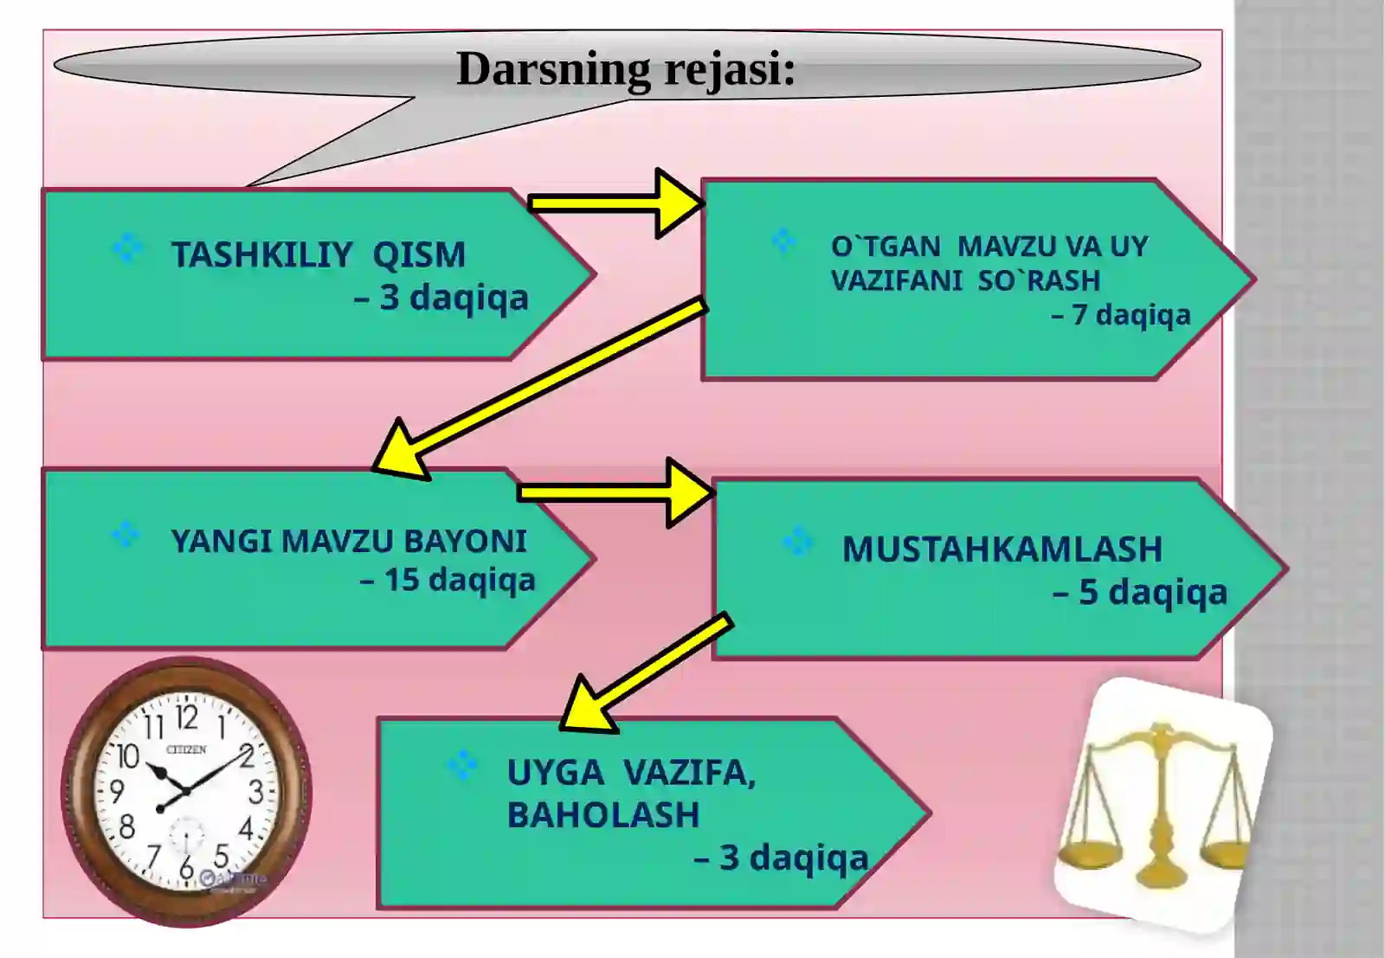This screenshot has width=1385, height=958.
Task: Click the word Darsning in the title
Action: click(554, 70)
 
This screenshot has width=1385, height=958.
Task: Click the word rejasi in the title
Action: click(724, 70)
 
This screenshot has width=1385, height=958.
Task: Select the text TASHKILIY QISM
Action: click(319, 254)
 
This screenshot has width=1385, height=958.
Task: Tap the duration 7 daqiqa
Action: click(1121, 315)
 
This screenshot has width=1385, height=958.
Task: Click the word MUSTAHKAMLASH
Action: click(1002, 550)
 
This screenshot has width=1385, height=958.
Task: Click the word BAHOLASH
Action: click(603, 814)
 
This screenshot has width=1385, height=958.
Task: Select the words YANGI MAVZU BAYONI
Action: click(349, 542)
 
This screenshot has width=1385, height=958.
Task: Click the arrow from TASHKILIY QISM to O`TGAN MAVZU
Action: click(616, 203)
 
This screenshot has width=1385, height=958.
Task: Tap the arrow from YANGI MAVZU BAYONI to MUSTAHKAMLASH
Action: click(616, 492)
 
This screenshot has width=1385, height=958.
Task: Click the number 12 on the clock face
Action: click(187, 718)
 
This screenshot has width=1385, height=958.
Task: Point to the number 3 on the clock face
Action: click(256, 793)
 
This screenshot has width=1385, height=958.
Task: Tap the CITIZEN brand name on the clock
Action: click(186, 749)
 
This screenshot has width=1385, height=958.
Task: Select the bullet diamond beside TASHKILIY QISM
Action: click(128, 248)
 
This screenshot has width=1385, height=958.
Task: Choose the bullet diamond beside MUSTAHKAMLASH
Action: click(797, 542)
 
